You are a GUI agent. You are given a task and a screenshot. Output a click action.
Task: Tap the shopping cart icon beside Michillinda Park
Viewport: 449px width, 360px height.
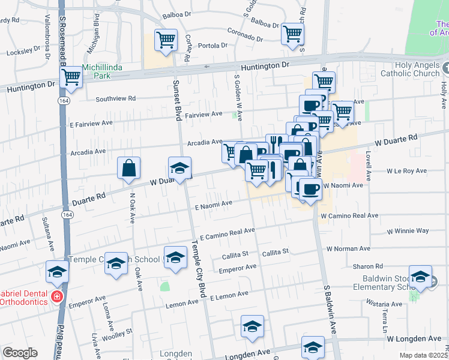pyautogui.click(x=71, y=77)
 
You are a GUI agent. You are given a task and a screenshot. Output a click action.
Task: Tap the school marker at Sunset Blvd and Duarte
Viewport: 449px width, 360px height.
pyautogui.click(x=179, y=169)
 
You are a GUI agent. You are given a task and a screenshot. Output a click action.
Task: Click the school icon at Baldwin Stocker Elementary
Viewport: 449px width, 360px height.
pyautogui.click(x=420, y=277)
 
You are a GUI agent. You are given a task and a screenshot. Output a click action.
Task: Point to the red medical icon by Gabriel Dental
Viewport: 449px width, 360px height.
pyautogui.click(x=57, y=296)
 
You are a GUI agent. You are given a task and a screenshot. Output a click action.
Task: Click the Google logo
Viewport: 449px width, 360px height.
pyautogui.click(x=20, y=353)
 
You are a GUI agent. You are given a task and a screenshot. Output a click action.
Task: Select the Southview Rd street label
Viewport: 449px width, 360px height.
pyautogui.click(x=115, y=98)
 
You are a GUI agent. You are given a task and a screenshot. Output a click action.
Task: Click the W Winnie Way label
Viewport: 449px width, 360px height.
pyautogui.click(x=408, y=230)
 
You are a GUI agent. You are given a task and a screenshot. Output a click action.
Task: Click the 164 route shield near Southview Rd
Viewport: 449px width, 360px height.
pyautogui.click(x=64, y=101)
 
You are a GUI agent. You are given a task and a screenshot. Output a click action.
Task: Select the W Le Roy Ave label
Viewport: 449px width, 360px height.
pyautogui.click(x=409, y=171)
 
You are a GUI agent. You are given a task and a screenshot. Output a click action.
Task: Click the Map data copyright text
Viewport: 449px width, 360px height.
pyautogui.click(x=423, y=355)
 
